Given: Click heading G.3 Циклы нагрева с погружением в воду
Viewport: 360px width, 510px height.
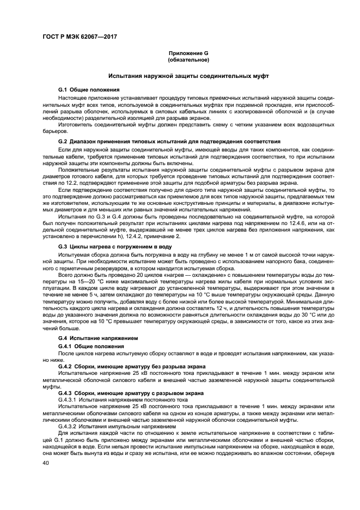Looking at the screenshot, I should pyautogui.click(x=115, y=247).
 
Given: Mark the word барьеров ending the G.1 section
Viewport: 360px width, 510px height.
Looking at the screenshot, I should pyautogui.click(x=53, y=131).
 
